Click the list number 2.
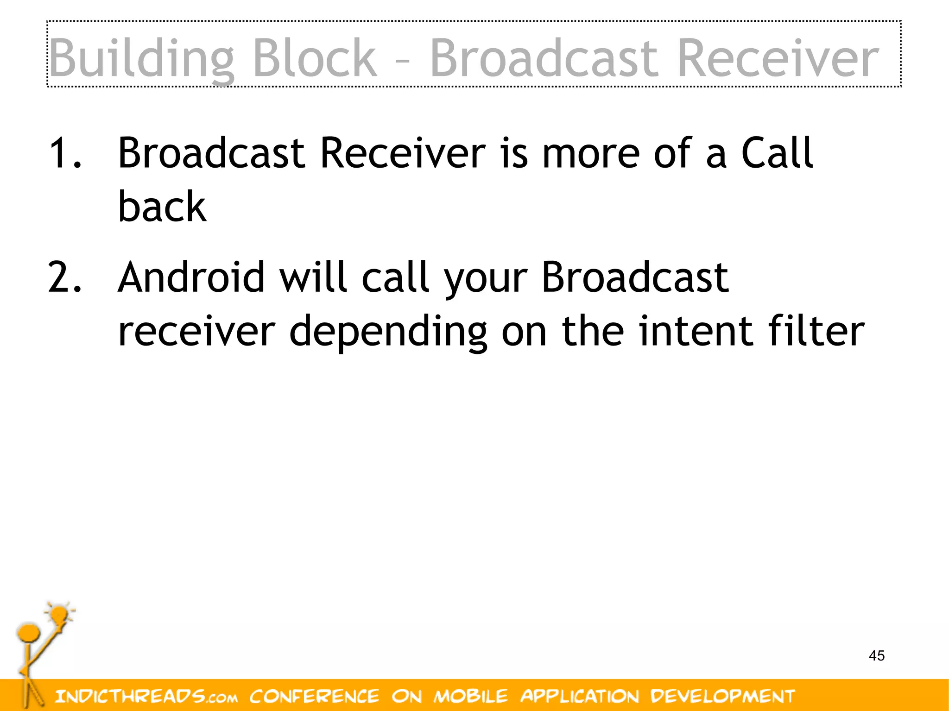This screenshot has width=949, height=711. pyautogui.click(x=65, y=277)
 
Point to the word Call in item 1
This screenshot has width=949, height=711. pyautogui.click(x=777, y=152)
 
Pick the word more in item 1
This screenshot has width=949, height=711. pyautogui.click(x=591, y=153)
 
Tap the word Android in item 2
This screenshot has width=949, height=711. pyautogui.click(x=191, y=277)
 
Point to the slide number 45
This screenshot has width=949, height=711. pyautogui.click(x=877, y=655)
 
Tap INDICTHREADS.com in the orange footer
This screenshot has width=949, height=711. pyautogui.click(x=146, y=696)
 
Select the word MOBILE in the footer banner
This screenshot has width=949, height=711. pyautogui.click(x=470, y=696)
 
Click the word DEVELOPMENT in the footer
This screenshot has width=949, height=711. pyautogui.click(x=722, y=696)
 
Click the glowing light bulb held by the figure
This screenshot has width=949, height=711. pyautogui.click(x=59, y=615)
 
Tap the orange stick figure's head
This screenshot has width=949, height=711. pyautogui.click(x=29, y=632)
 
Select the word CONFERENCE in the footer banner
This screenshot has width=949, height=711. pyautogui.click(x=314, y=696)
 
